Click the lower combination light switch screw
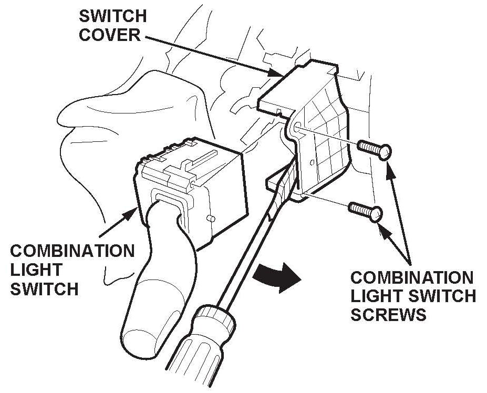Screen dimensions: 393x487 point(365,211)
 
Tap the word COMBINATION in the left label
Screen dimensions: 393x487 point(72,251)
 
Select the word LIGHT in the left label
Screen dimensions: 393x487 point(36,270)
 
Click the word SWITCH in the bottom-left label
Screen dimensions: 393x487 point(44,289)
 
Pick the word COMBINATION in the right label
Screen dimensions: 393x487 point(412,277)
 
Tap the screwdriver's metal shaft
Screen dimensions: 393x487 point(247,247)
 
